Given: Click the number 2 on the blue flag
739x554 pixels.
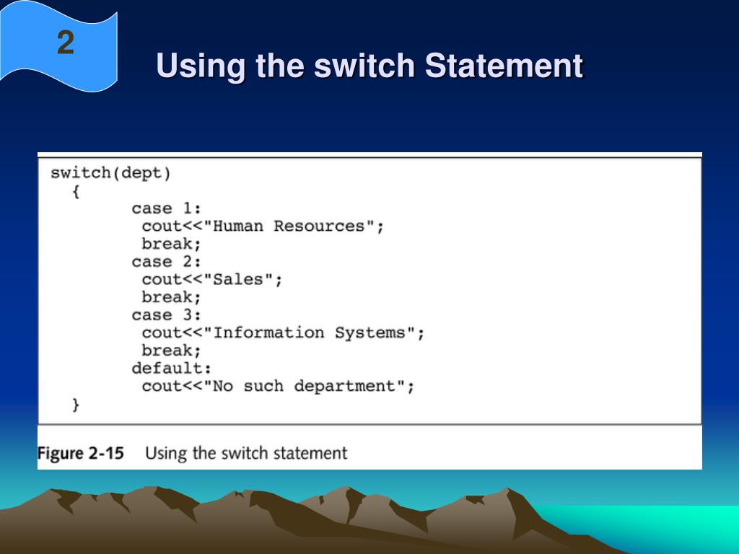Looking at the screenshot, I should (x=65, y=43).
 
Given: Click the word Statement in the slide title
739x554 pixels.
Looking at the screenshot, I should (x=503, y=66).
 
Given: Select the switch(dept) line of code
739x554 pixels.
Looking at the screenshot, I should (x=110, y=173).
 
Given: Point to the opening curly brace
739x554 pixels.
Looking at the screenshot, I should (x=76, y=191).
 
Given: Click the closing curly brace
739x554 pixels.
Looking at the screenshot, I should (x=76, y=405).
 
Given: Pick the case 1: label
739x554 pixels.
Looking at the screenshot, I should (x=166, y=208).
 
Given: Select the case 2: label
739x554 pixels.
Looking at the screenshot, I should (x=166, y=262).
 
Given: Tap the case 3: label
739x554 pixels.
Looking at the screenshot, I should (x=166, y=315).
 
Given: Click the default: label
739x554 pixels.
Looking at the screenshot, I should (x=171, y=369).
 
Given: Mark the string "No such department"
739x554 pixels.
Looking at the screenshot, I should (x=304, y=387).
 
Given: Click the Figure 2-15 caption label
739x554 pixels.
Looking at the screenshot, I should (x=81, y=454).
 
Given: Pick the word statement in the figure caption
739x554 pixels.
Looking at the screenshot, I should (x=310, y=454).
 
